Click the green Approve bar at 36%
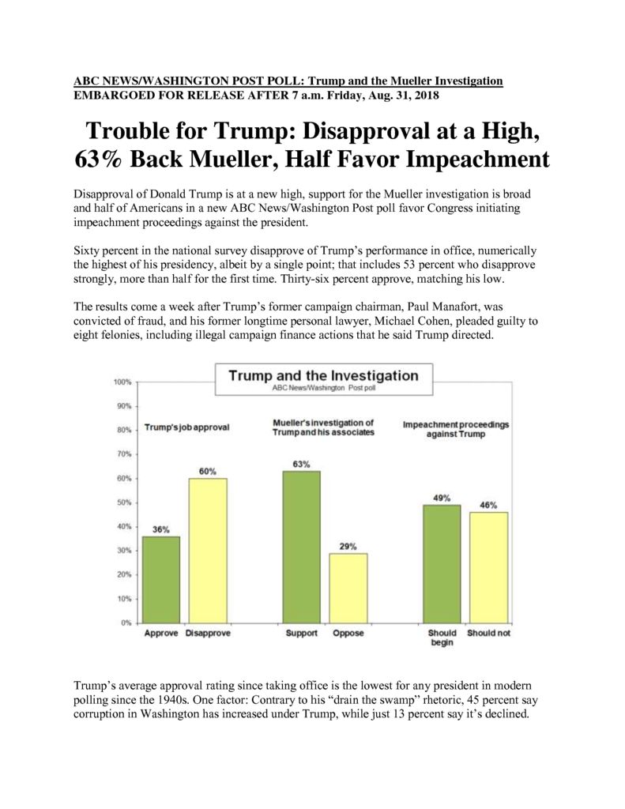[x=161, y=579]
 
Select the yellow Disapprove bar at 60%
[x=208, y=551]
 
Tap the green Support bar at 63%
[x=301, y=547]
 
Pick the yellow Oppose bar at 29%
[x=348, y=588]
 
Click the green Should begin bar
[x=442, y=564]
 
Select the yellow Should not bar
[x=489, y=567]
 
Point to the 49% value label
[x=442, y=498]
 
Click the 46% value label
[x=488, y=505]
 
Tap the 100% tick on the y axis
[x=122, y=382]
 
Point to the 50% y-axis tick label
[x=124, y=502]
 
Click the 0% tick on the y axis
[x=126, y=623]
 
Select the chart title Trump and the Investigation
[x=324, y=375]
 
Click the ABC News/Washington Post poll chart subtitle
[x=324, y=388]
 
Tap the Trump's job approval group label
[x=186, y=427]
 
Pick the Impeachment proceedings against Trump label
[x=456, y=429]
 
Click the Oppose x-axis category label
[x=348, y=633]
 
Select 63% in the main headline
[x=98, y=159]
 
